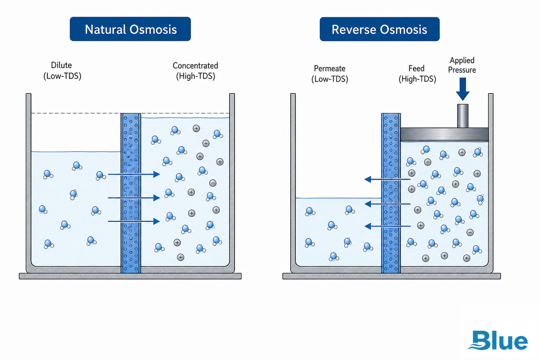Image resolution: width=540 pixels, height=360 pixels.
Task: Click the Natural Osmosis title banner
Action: click(x=130, y=29)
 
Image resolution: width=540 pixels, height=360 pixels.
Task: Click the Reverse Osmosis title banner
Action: click(x=380, y=29)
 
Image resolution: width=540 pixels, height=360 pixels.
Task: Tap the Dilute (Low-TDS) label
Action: click(x=62, y=71)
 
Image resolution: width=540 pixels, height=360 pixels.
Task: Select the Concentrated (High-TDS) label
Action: click(x=195, y=71)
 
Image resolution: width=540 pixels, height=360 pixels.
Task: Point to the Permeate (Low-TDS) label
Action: click(x=330, y=74)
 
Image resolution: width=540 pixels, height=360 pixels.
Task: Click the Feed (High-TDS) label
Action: click(x=417, y=74)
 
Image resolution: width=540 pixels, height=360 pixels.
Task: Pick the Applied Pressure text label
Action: click(x=462, y=65)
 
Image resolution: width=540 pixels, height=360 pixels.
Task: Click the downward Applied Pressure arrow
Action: click(x=463, y=89)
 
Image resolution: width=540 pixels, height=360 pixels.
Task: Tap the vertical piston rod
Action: click(x=463, y=116)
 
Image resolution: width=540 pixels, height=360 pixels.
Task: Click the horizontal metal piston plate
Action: click(x=444, y=134)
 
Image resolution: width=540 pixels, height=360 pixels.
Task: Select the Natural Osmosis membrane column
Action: click(x=130, y=193)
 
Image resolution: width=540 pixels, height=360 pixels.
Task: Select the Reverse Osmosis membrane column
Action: click(x=391, y=193)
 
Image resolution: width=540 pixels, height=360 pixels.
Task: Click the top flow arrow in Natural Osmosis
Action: click(x=134, y=174)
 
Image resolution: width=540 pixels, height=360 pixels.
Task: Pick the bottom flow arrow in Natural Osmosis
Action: click(x=134, y=221)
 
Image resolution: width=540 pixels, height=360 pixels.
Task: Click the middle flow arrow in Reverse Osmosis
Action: click(x=387, y=204)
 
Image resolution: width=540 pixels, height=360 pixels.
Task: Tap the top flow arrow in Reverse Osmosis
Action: click(x=387, y=179)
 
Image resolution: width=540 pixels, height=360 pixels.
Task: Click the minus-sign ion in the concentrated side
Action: click(x=212, y=183)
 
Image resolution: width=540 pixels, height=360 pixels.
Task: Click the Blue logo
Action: click(x=498, y=340)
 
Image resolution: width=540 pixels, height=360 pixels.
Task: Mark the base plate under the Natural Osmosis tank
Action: click(x=130, y=276)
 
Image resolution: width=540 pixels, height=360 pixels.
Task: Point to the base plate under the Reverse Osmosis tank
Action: click(x=391, y=276)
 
